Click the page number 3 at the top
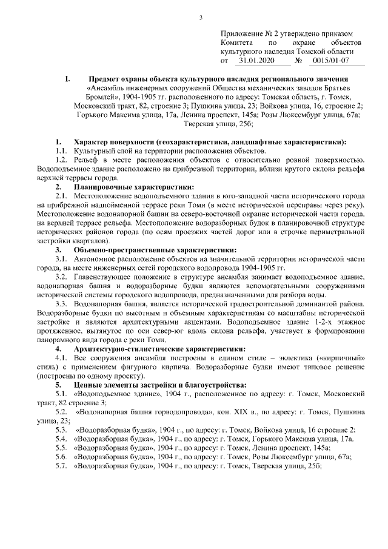tap(200, 16)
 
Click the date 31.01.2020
tap(257, 61)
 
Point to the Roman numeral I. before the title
tap(68, 79)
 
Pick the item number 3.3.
tap(64, 304)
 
